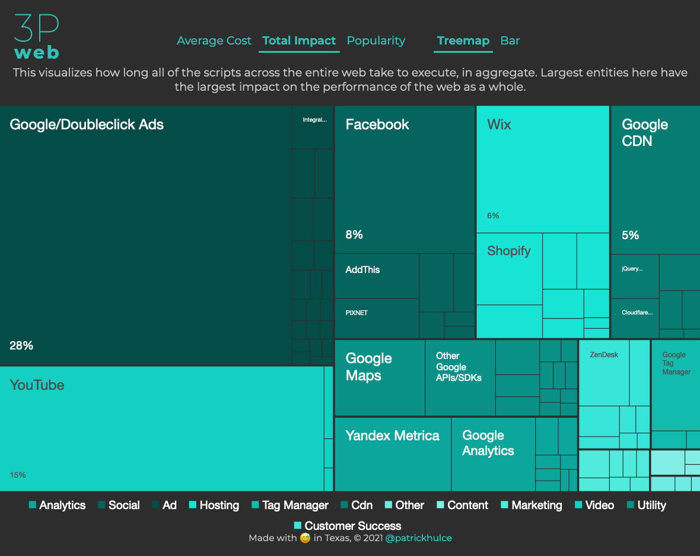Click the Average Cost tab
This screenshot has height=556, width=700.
[214, 41]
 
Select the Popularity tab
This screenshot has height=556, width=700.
[376, 41]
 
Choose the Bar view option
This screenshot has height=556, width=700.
[510, 41]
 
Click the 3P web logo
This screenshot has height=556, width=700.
[36, 37]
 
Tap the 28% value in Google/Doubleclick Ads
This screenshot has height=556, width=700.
[21, 345]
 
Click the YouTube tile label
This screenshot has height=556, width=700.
[37, 385]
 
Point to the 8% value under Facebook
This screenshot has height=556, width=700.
[354, 234]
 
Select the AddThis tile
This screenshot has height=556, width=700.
[362, 270]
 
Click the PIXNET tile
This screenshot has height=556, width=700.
[357, 313]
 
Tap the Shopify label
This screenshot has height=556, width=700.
[508, 251]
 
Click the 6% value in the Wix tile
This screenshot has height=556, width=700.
[493, 215]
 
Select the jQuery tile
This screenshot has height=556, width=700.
[632, 269]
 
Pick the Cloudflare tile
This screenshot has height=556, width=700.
[637, 313]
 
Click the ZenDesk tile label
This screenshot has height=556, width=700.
[604, 355]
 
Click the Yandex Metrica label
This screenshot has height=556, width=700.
[392, 436]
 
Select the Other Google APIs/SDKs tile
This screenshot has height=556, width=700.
[459, 367]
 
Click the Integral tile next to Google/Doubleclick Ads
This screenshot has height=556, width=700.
[314, 120]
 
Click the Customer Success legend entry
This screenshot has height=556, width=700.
[352, 526]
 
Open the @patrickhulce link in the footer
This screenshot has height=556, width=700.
[418, 538]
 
